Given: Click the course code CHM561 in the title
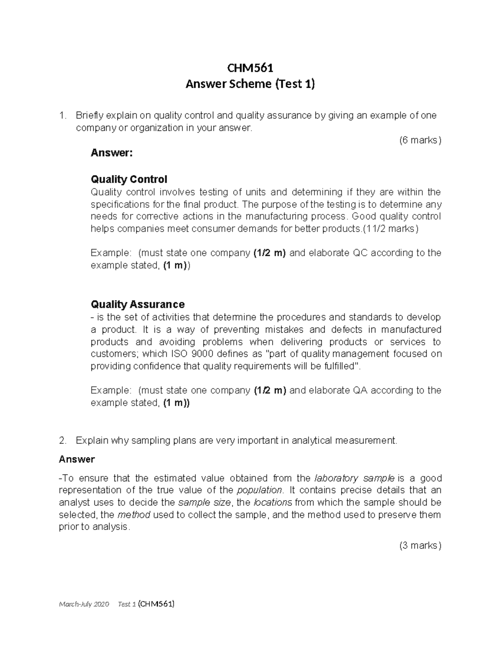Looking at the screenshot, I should pos(250,67).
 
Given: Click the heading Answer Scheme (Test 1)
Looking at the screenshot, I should pos(250,84).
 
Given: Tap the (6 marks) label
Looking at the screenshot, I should pos(420,140).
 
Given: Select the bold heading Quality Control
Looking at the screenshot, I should pos(129,179).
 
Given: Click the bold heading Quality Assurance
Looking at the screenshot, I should pos(137,304).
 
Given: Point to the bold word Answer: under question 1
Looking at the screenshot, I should pos(111,153).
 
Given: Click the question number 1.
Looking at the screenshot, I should pos(62,115).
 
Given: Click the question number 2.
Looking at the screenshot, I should pos(62,440).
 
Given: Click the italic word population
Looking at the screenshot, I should pos(259,490).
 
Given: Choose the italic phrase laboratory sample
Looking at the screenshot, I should pos(354,478).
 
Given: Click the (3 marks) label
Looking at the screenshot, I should pos(420,545).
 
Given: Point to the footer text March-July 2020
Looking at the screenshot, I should pos(84,604).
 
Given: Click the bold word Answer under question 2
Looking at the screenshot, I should pos(77,459).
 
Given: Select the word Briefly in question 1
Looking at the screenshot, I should pos(90,115).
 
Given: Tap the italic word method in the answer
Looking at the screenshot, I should pos(134,514).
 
